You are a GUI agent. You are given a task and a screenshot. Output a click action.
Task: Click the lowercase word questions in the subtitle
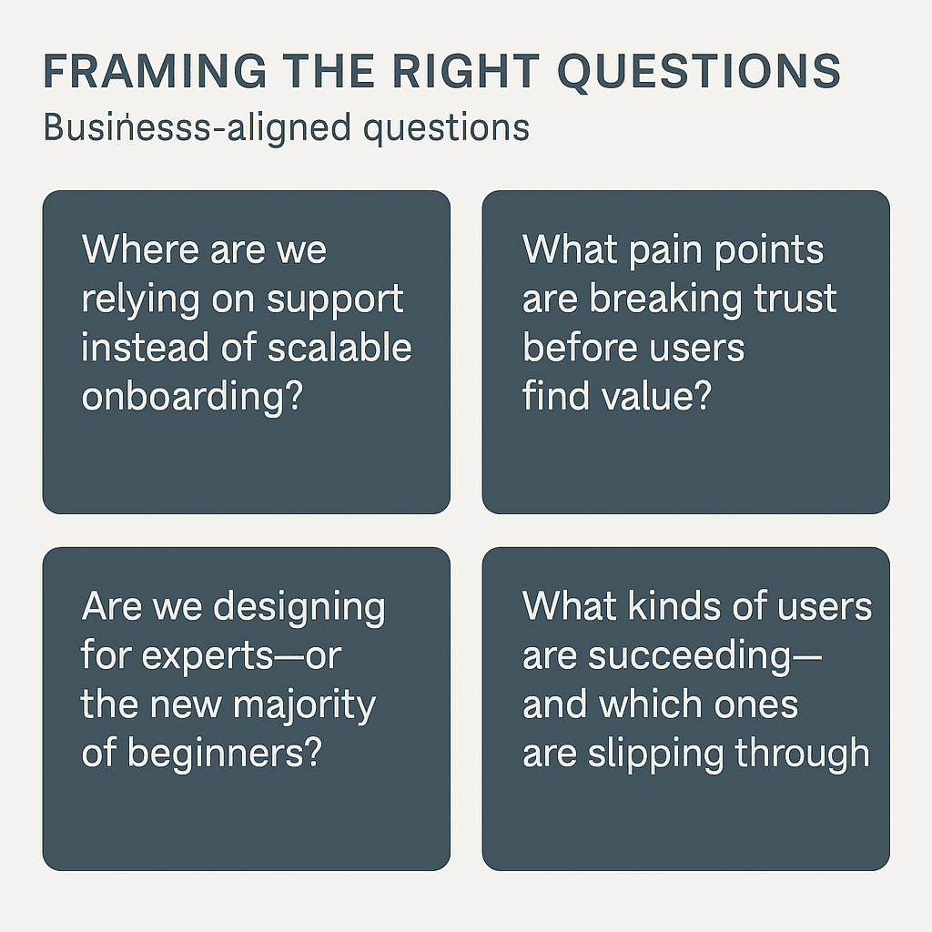pos(446,128)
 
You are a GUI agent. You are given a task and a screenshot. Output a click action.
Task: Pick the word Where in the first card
pos(139,250)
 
